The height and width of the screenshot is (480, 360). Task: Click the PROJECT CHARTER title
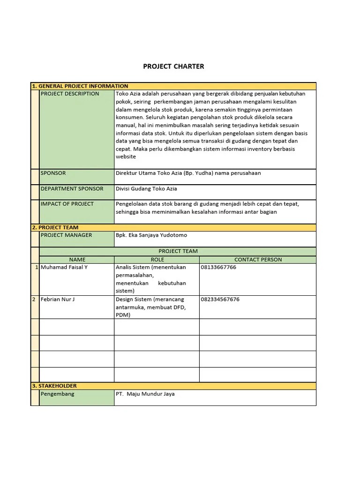tap(173, 67)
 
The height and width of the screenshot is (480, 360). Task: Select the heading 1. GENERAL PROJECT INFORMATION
tap(80, 86)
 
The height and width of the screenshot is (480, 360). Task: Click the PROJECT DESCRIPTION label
tap(70, 94)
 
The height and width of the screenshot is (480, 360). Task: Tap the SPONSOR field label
tap(53, 173)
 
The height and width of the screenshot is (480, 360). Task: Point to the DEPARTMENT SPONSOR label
tap(72, 188)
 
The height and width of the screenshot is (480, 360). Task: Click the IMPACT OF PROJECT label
tap(67, 204)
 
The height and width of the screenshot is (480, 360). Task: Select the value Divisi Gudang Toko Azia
tap(146, 188)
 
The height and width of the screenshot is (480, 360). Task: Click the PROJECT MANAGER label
tap(67, 235)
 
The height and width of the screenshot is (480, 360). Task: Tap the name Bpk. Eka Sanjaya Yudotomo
tap(151, 235)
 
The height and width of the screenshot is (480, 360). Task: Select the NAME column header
tap(77, 259)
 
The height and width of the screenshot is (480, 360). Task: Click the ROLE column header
tap(157, 259)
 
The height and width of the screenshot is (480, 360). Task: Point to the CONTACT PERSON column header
tap(258, 259)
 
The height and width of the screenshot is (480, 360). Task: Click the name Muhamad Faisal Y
tap(64, 267)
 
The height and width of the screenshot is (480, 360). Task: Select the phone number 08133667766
tap(218, 267)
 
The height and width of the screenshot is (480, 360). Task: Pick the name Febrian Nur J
tap(58, 299)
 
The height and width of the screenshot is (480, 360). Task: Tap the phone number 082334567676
tap(220, 299)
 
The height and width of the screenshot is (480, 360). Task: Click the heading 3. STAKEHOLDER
tap(54, 386)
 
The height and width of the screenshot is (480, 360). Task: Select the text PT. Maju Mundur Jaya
tap(145, 394)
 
